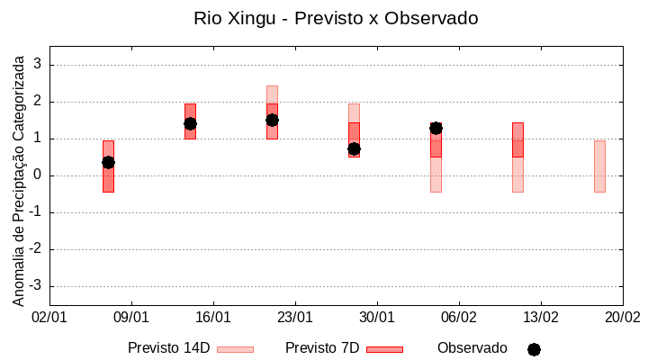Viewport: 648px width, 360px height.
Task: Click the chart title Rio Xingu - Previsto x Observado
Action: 336,18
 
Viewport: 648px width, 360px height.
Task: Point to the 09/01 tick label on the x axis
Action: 131,318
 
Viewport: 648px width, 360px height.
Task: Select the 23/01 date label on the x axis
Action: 294,318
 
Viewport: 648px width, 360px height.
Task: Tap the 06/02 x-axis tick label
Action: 459,318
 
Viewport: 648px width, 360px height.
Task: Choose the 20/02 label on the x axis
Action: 622,318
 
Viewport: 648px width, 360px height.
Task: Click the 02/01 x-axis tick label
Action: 49,318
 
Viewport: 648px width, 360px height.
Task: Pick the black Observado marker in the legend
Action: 534,349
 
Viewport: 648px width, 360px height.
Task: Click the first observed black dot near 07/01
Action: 108,162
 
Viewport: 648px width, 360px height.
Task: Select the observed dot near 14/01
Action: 190,123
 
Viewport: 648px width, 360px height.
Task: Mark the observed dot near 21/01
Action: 272,120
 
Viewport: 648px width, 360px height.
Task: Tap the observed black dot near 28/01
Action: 354,148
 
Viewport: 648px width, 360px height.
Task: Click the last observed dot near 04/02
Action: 436,128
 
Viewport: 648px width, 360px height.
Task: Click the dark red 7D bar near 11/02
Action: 517,140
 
